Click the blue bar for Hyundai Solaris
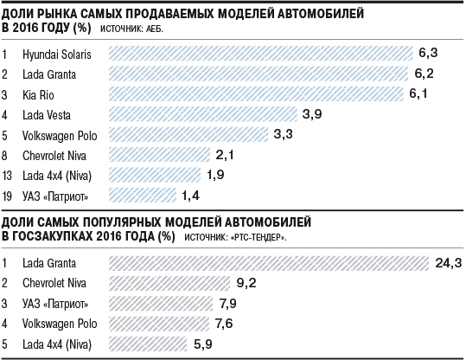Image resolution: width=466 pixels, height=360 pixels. tap(261, 54)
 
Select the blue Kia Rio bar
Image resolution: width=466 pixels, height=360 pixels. tap(256, 94)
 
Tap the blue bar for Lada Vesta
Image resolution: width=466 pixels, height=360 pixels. tap(203, 114)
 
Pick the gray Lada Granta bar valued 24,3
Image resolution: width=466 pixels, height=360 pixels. tap(269, 263)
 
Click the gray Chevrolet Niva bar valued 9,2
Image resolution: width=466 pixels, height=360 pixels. tap(169, 283)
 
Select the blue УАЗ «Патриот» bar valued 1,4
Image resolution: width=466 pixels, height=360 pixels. tap(143, 196)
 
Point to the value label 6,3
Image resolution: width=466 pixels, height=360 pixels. tap(428, 53)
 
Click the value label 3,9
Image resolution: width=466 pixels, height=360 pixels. tap(312, 114)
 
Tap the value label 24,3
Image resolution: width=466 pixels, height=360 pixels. tap(449, 263)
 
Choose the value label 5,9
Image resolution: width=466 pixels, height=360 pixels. tap(203, 344)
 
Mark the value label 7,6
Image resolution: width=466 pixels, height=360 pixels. tap(224, 324)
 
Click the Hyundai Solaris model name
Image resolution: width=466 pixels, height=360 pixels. tap(57, 55)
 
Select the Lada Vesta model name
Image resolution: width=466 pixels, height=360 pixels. tap(47, 115)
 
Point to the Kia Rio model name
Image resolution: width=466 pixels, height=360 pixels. tap(38, 95)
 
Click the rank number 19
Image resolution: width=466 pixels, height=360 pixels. tap(7, 196)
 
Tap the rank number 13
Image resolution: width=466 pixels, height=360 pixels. tap(7, 176)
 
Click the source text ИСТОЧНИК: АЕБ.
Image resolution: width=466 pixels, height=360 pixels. tap(131, 29)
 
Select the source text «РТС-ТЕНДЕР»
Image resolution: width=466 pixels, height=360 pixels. tap(259, 238)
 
